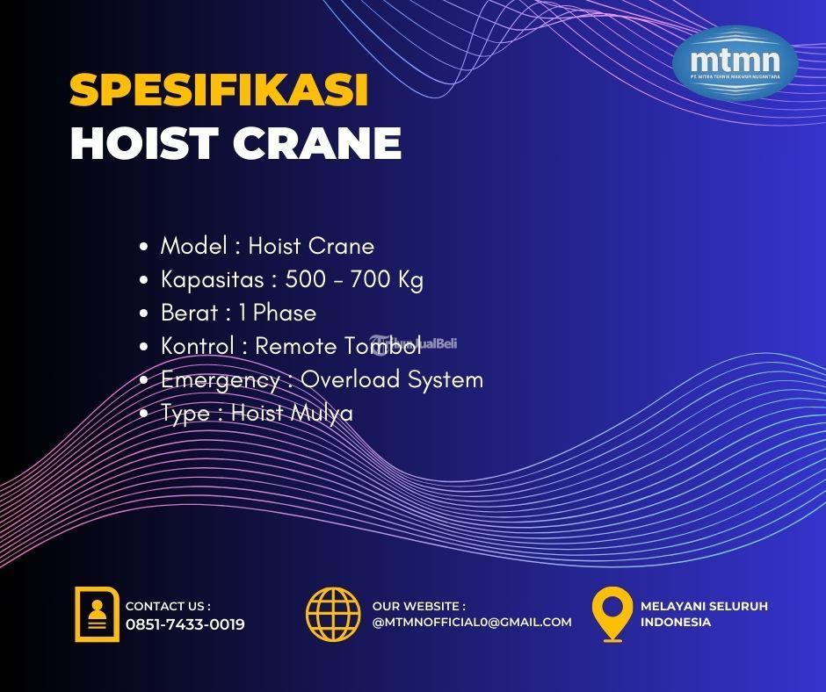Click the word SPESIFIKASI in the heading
218,91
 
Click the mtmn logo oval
735,63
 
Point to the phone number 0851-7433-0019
185,624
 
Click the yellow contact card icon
97,614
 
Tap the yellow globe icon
333,613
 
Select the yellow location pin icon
612,613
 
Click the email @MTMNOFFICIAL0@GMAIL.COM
472,622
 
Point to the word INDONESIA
676,622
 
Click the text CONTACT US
167,606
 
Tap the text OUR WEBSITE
417,606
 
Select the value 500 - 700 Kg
354,279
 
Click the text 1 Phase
277,313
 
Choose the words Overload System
392,379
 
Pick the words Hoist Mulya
292,413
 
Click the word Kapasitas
211,279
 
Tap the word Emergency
220,379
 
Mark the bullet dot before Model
143,247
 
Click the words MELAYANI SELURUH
704,606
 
